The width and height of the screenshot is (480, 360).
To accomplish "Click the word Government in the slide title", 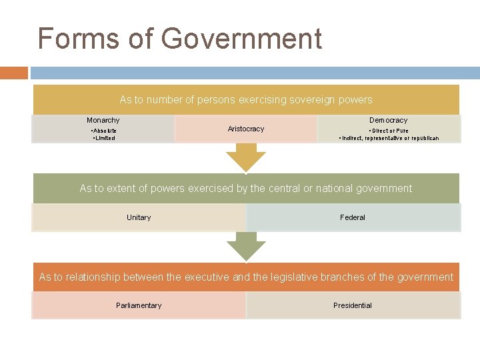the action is coord(241,39).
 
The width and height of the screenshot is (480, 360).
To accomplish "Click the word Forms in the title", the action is coord(69,39).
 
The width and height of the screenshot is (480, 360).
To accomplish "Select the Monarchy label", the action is coord(103,120).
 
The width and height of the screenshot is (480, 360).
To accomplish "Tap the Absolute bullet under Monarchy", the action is coord(104,131).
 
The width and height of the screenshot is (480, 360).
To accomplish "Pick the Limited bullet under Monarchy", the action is coord(104,138).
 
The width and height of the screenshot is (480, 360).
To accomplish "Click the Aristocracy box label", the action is coord(246,129).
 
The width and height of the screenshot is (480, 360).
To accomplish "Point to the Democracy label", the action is coord(389,120).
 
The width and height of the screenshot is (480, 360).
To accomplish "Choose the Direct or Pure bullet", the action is coord(389,131).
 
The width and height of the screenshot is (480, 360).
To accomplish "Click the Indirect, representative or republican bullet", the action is coord(389,138).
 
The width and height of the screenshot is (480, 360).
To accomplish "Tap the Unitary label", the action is coord(139,217).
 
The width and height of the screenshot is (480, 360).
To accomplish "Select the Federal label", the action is coord(353,217).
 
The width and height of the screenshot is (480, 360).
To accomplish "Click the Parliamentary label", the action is coord(139,305).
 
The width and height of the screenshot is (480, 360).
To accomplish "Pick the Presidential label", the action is coord(353,305).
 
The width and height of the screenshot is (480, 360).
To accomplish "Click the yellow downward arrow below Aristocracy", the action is coord(246,158).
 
